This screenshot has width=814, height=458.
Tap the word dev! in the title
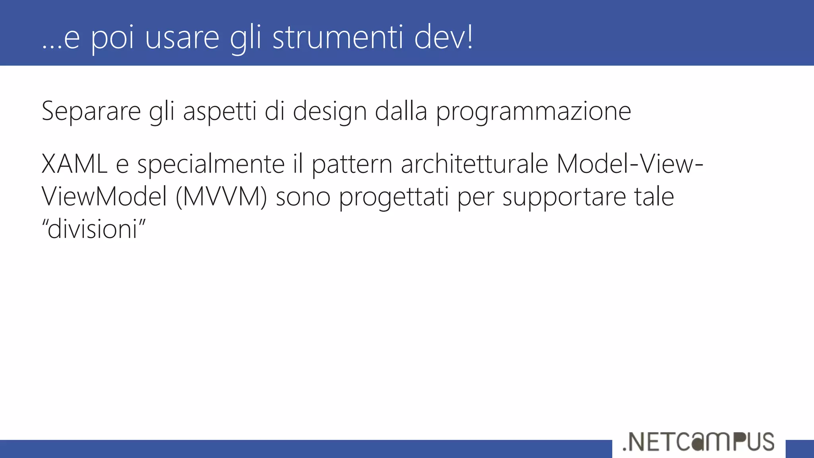[x=443, y=37]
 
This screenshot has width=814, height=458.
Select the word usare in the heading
[x=182, y=37]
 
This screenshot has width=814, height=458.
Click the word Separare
[x=91, y=112]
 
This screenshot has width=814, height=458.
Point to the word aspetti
[x=219, y=112]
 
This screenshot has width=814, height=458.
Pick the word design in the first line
[x=329, y=112]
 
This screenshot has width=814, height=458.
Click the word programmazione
[x=533, y=112]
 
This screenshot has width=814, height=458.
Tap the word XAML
[x=74, y=164]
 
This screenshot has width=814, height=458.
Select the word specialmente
[x=211, y=164]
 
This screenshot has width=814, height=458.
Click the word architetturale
[x=475, y=164]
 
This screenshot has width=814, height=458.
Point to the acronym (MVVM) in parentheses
[x=221, y=197]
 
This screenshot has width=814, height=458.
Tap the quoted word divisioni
[x=94, y=229]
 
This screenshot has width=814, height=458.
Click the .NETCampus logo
[x=698, y=442]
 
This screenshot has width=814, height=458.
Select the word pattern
[x=352, y=164]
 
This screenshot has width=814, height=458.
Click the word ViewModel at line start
[x=104, y=197]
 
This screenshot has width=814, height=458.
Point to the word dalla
[x=401, y=112]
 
